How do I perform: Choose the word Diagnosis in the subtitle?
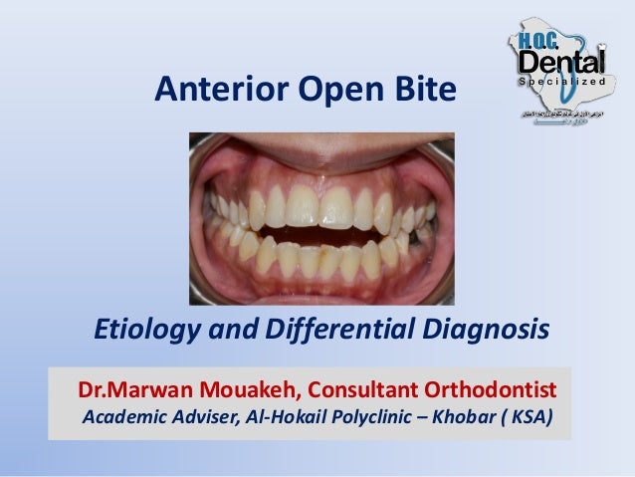pyautogui.click(x=485, y=329)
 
